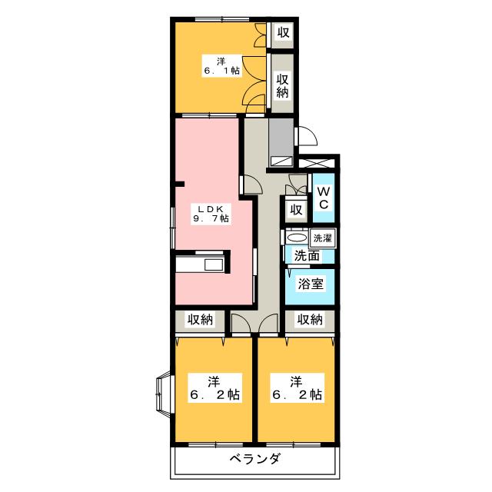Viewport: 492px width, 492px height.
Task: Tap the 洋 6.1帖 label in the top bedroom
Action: (221, 65)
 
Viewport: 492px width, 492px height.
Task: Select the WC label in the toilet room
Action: (324, 198)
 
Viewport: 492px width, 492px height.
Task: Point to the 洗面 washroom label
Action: (307, 254)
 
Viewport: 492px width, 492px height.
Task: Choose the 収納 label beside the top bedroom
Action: (283, 85)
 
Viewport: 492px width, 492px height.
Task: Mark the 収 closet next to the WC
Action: (294, 209)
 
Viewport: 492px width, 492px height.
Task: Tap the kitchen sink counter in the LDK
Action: (200, 265)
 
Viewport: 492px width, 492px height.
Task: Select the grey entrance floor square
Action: (281, 138)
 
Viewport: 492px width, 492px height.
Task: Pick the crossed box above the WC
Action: (318, 165)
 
